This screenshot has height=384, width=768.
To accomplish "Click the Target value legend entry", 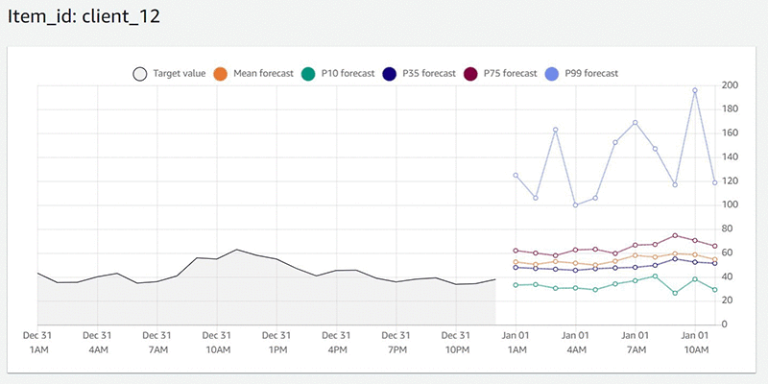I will pos(169,73).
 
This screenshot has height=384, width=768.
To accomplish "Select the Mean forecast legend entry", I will pos(254,73).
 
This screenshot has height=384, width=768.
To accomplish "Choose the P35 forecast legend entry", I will pos(423,73).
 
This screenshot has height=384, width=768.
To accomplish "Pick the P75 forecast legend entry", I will pos(504,73).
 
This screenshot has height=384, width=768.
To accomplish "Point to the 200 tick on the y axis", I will pos(730,85).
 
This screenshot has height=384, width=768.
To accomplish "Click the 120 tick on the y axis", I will pos(730,180).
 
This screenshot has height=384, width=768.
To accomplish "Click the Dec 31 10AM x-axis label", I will pos(217,343).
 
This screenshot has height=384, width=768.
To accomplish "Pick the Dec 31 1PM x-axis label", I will pos(276,343).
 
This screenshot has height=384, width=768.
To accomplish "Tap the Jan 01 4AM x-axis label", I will pos(575,343).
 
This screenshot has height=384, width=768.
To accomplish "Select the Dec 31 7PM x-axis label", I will pos(396,343).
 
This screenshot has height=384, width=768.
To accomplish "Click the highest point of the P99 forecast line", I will pos(695,90).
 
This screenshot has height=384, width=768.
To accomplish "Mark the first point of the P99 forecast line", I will pos(516,175).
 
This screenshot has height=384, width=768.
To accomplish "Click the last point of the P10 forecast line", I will pos(714,289).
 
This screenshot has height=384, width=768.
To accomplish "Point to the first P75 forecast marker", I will pos(516,250).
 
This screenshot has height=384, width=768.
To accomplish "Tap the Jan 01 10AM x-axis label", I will pos(694,343).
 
